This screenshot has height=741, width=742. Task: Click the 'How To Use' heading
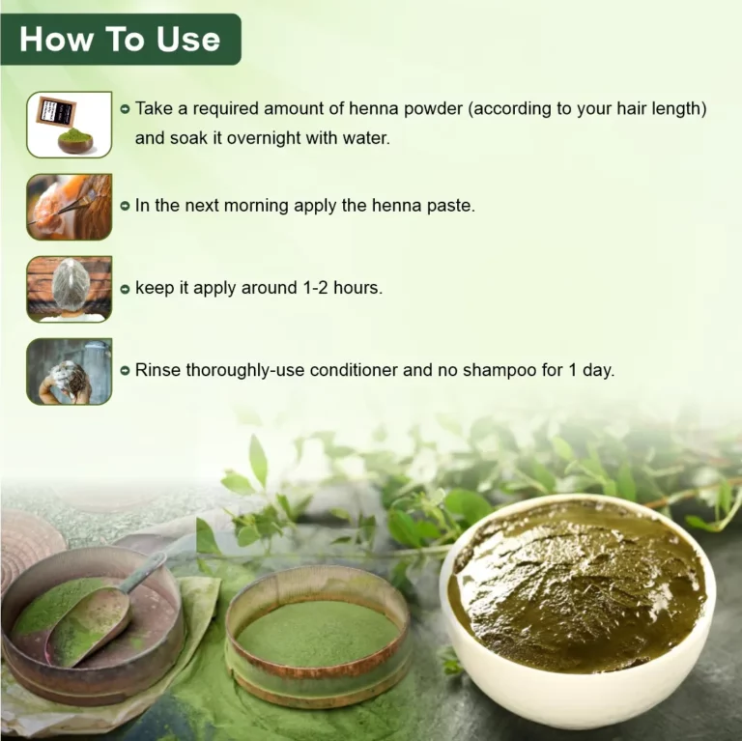click(x=120, y=39)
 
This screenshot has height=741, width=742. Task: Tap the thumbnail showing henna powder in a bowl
click(x=69, y=124)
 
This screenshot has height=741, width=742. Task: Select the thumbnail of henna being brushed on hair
click(x=69, y=207)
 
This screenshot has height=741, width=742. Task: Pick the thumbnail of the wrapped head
click(x=69, y=289)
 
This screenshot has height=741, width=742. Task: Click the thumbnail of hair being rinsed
click(x=69, y=371)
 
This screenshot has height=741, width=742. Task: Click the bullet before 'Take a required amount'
click(x=125, y=109)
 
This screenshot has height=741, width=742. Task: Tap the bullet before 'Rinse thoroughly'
click(x=125, y=370)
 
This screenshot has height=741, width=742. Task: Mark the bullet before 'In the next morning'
click(x=125, y=206)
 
